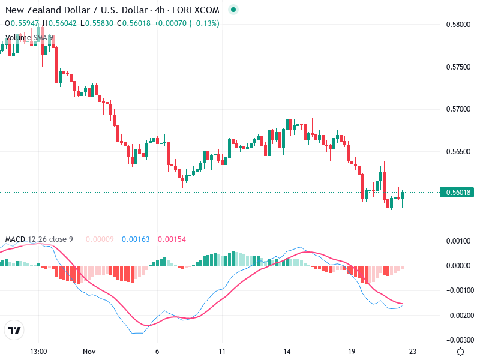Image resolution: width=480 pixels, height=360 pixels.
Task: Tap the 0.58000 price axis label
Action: coord(457,25)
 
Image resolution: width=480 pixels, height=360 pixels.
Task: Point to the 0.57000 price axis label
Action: coord(457,109)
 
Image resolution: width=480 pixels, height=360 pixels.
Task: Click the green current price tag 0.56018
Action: coord(457,193)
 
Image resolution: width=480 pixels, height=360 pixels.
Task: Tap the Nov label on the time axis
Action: coord(89,352)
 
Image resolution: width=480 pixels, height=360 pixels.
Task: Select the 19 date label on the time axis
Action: coord(352,352)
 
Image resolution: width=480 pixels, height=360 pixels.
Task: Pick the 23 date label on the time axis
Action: coord(413,352)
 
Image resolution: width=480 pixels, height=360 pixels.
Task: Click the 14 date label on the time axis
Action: coord(287,352)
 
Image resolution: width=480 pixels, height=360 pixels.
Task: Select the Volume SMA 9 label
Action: coord(29,38)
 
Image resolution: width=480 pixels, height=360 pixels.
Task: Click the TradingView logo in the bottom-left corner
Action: coord(14,331)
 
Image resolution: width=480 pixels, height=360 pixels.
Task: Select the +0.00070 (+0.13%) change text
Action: coord(187,23)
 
